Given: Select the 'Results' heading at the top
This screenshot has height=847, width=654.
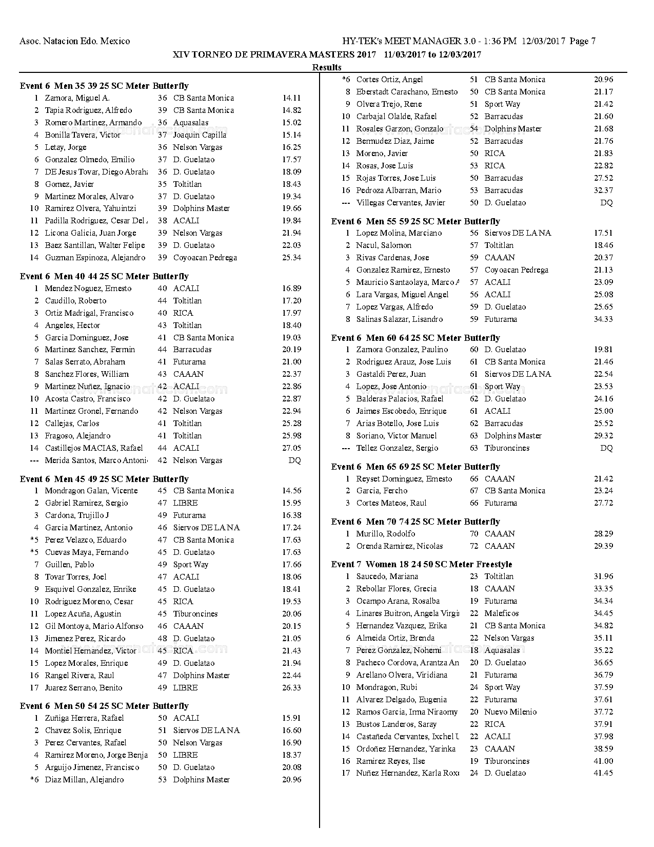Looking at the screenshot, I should [x=327, y=67].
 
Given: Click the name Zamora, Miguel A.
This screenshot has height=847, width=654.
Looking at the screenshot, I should [x=77, y=98].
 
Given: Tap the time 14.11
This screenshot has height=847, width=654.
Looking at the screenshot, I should [x=291, y=98].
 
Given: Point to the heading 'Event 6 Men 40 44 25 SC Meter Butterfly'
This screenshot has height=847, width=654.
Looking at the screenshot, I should [x=104, y=276].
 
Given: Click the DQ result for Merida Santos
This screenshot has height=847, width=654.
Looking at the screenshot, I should [x=294, y=460].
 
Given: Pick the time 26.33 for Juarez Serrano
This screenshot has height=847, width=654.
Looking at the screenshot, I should [x=291, y=688].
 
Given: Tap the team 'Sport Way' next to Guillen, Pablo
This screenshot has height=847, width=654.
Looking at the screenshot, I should [x=190, y=565].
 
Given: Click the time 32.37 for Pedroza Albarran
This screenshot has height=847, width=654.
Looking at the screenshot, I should [x=603, y=190].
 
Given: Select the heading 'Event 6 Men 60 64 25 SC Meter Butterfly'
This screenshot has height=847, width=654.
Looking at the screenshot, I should [x=415, y=338].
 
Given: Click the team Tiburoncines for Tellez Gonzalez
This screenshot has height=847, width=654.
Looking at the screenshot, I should [x=507, y=448].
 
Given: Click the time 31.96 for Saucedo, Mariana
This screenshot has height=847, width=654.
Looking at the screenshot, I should [x=603, y=576].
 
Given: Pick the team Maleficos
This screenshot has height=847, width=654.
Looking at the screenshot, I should [x=501, y=613].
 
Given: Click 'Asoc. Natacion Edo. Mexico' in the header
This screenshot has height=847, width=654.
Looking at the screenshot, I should [x=74, y=41].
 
